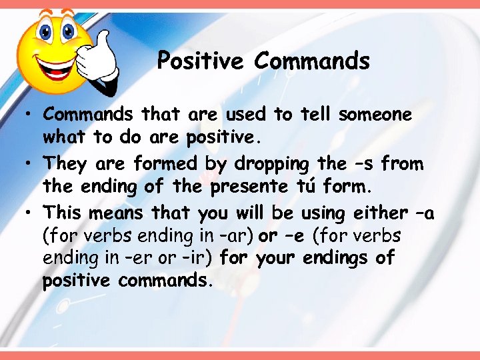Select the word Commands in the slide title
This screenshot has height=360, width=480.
pos(311,61)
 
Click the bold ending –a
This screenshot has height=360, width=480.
pos(425,213)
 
